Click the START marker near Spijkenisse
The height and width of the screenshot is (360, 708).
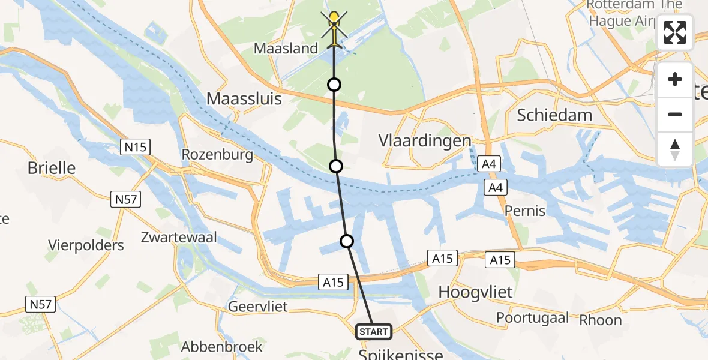[374, 331]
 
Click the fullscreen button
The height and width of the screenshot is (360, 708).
[675, 33]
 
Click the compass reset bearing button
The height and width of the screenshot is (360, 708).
[675, 149]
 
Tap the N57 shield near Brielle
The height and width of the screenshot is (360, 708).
[125, 199]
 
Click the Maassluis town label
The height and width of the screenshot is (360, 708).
[244, 99]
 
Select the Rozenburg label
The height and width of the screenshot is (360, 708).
[217, 155]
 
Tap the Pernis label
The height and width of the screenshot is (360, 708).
[525, 211]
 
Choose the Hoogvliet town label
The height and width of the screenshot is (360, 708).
[476, 292]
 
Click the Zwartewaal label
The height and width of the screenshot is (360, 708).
[179, 238]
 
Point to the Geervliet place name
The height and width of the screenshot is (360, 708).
[258, 307]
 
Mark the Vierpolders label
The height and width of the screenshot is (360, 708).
[87, 245]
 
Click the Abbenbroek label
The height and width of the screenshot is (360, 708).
[223, 346]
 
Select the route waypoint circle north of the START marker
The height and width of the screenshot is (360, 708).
[347, 241]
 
